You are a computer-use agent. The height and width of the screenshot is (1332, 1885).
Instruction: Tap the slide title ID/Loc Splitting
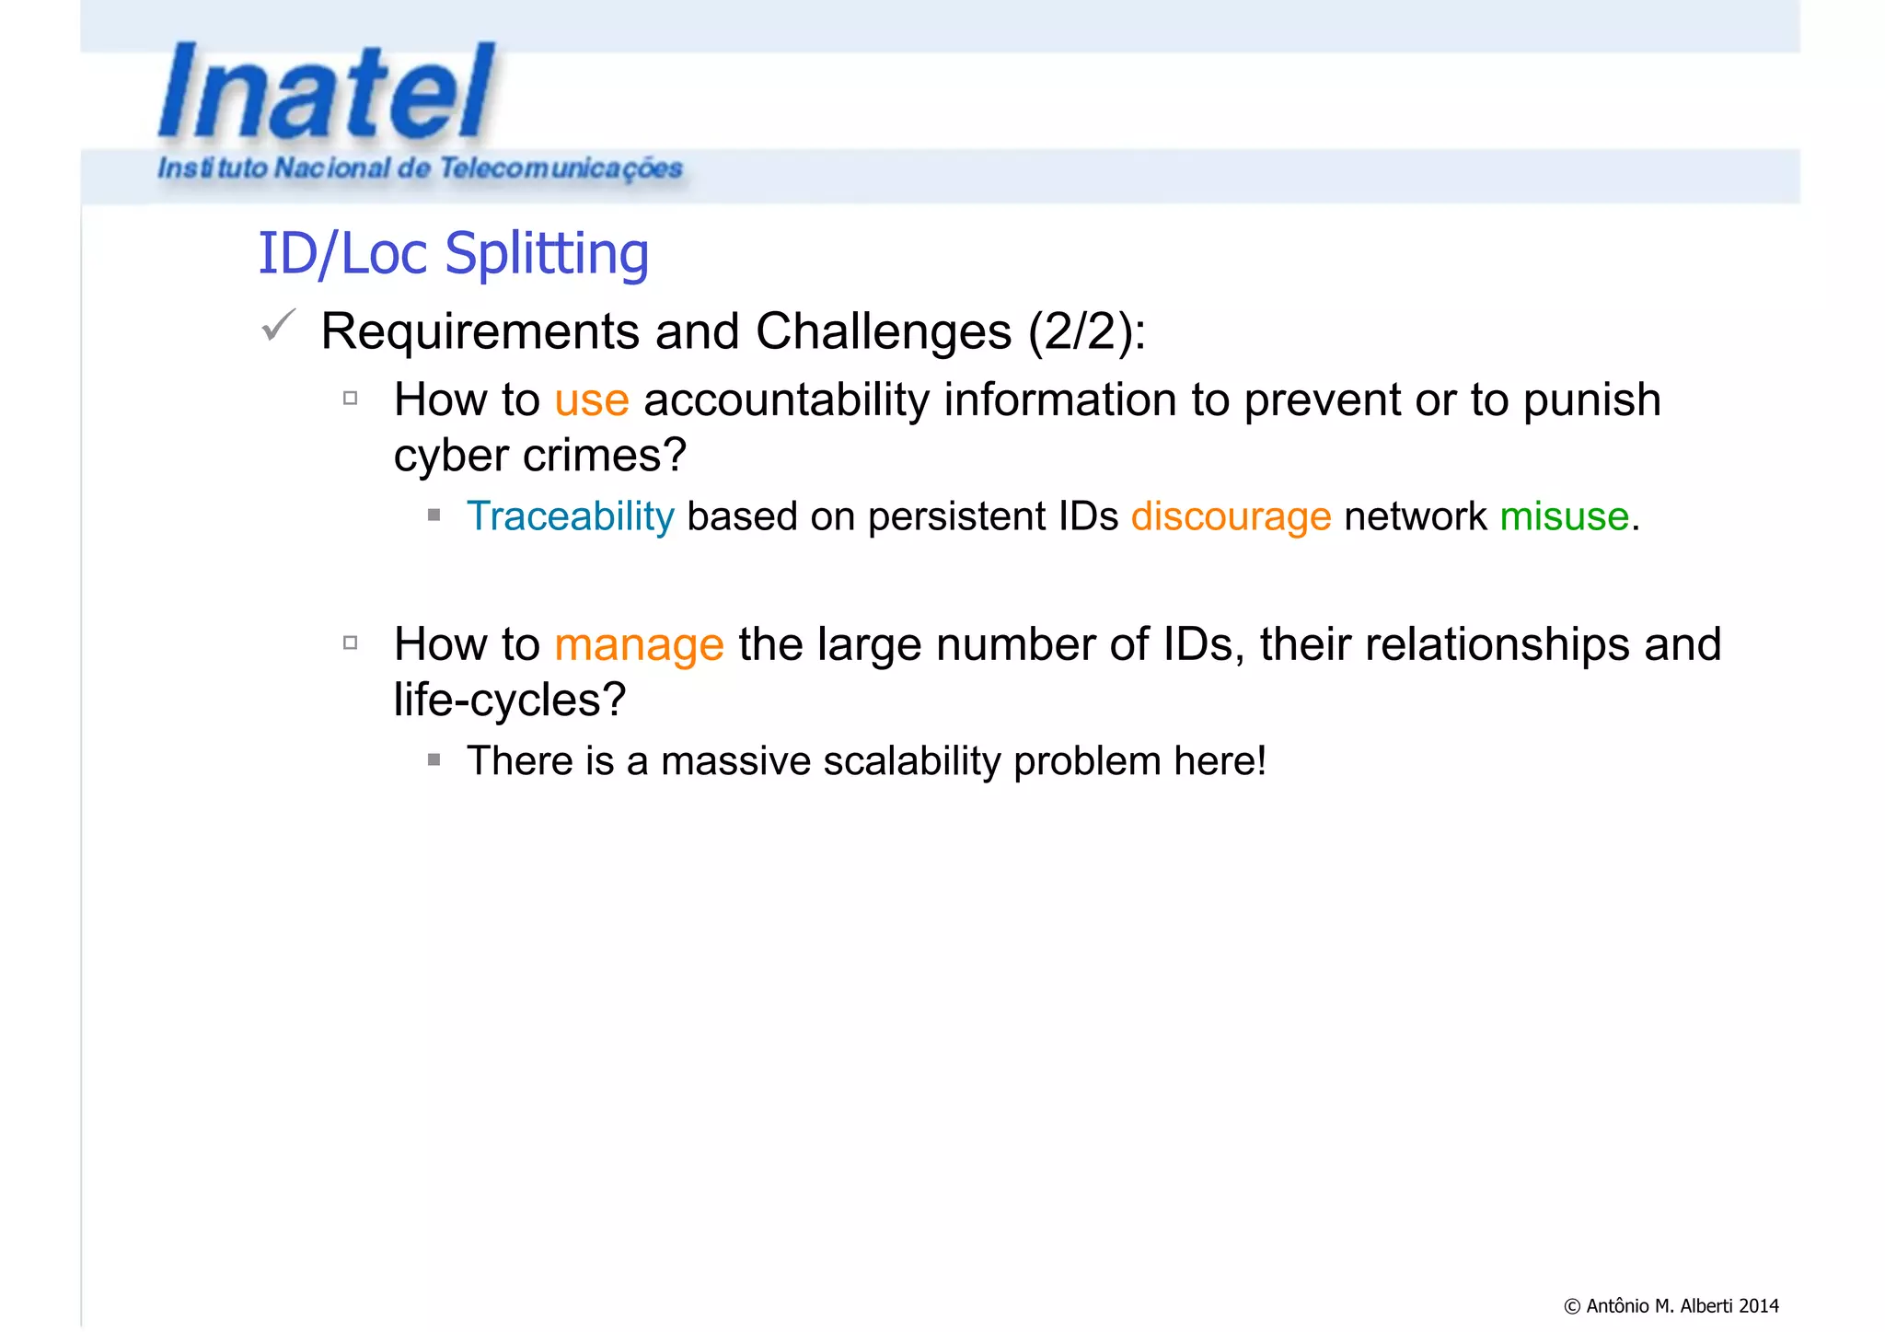[453, 253]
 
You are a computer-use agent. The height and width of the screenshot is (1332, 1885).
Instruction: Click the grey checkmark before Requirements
[278, 325]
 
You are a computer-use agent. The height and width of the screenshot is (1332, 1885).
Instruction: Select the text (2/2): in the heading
[1087, 331]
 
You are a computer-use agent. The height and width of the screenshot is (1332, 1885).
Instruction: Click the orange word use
[592, 400]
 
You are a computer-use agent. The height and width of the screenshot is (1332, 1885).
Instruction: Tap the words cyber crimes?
[540, 455]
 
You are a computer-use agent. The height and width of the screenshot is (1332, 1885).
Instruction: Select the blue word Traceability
[571, 516]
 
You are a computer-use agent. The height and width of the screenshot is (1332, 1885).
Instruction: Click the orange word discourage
[1231, 516]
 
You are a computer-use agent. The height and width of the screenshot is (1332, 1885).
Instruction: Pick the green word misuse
[1564, 516]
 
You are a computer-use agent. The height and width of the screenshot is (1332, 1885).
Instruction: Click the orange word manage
[639, 644]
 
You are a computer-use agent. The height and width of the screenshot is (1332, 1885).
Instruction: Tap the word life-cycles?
[510, 700]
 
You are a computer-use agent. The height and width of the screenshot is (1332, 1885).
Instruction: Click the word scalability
[911, 761]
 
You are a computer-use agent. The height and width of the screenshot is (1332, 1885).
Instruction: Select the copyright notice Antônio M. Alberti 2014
[1671, 1305]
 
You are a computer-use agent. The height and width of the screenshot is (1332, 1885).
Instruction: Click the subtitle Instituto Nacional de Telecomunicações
[420, 168]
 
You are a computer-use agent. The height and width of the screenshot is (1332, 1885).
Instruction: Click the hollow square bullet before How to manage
[350, 643]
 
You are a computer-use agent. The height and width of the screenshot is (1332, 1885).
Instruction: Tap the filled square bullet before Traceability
[434, 515]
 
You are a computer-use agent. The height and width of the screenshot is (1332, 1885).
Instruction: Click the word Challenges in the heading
[883, 331]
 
